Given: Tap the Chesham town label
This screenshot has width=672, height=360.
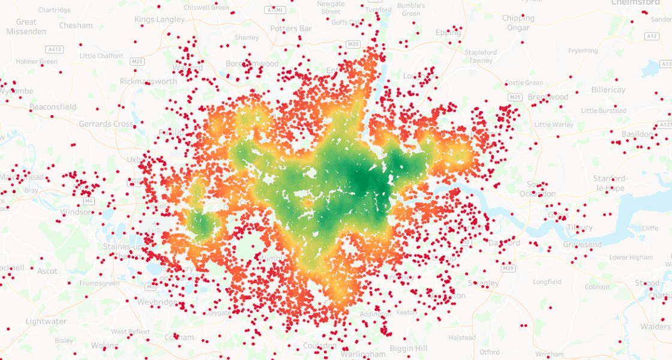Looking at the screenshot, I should [x=76, y=25].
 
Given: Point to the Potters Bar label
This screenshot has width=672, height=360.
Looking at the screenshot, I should [x=291, y=28].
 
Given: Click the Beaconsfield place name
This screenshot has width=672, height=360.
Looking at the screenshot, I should [x=53, y=107].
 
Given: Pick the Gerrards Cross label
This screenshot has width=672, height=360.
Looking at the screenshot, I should [x=106, y=124].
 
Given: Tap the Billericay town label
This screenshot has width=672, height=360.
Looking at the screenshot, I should [x=608, y=89].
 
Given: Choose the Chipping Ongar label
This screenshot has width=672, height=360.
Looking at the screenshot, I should [x=518, y=23].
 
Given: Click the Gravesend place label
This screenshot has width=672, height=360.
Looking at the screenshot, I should [x=582, y=245].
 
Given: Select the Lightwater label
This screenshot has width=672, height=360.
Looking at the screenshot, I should [x=46, y=322].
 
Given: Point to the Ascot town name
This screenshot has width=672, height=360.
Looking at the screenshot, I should [x=47, y=271].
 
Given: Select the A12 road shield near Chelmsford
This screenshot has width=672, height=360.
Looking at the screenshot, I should [x=652, y=37].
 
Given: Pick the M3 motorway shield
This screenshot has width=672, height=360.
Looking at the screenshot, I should [x=151, y=287].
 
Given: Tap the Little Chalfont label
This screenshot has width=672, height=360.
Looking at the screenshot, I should [x=100, y=56].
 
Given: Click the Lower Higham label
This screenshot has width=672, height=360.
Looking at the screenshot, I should [x=631, y=257].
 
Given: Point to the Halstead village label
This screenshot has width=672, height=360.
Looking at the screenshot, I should [x=461, y=338].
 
